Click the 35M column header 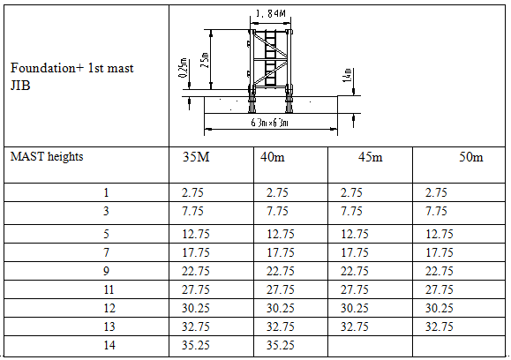click(x=196, y=157)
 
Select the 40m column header click(x=273, y=157)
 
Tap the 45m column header click(x=370, y=157)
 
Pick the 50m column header click(x=471, y=157)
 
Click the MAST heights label click(x=47, y=157)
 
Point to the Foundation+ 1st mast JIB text click(x=72, y=77)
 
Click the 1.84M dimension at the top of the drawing click(x=271, y=13)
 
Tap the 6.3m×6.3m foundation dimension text click(x=270, y=123)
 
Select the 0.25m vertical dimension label click(x=184, y=68)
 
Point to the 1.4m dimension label click(x=348, y=75)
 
